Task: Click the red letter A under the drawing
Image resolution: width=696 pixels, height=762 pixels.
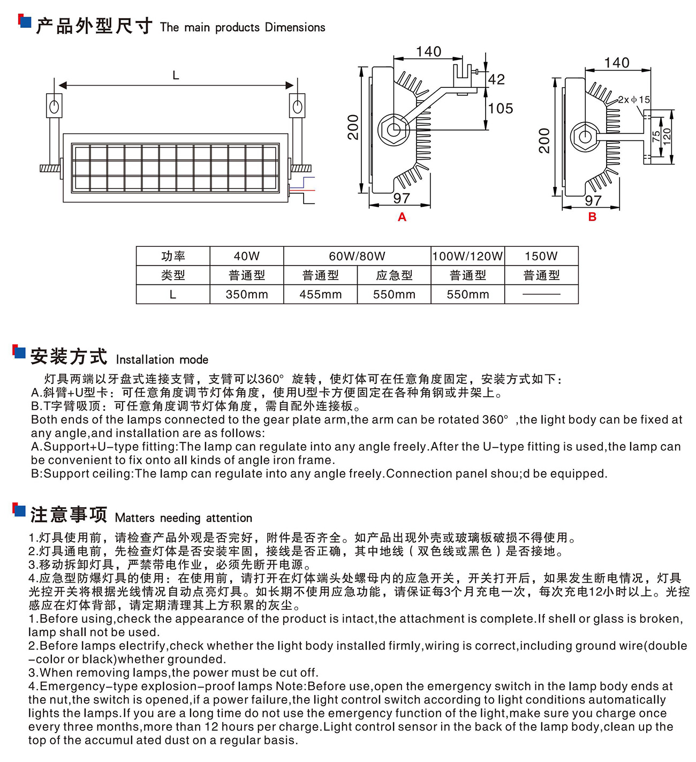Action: coord(402,217)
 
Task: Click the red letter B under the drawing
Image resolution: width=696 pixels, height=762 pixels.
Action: coord(592,217)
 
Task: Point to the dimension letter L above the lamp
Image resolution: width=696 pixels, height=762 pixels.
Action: coord(176,76)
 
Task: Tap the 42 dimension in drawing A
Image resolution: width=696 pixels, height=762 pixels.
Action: coord(496,80)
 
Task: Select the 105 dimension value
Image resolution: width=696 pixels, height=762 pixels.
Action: coord(501,109)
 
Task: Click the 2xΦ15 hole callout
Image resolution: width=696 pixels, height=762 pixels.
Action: coord(634,100)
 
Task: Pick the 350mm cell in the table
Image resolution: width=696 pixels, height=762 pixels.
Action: coord(247,295)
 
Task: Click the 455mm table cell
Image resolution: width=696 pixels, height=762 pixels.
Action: coord(320,295)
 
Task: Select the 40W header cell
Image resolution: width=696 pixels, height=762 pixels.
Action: coord(247,256)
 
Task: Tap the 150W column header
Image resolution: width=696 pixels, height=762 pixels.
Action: coord(541,256)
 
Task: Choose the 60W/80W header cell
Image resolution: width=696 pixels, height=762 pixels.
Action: coord(357,256)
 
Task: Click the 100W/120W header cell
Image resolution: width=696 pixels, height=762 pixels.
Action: coord(468,256)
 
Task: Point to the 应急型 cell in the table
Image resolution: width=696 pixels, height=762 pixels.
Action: coord(394,275)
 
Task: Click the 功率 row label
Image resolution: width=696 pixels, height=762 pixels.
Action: coord(173,256)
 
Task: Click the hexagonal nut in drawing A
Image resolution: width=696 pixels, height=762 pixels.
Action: coord(394,130)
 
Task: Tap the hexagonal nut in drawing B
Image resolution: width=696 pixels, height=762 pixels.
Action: coord(584,137)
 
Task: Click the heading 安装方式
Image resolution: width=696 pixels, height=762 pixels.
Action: coord(69,357)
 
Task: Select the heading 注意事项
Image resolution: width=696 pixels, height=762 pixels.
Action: coord(69,515)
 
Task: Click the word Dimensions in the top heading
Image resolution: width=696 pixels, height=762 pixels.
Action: coord(295,27)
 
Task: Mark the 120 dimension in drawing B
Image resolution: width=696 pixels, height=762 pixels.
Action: coord(667,137)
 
